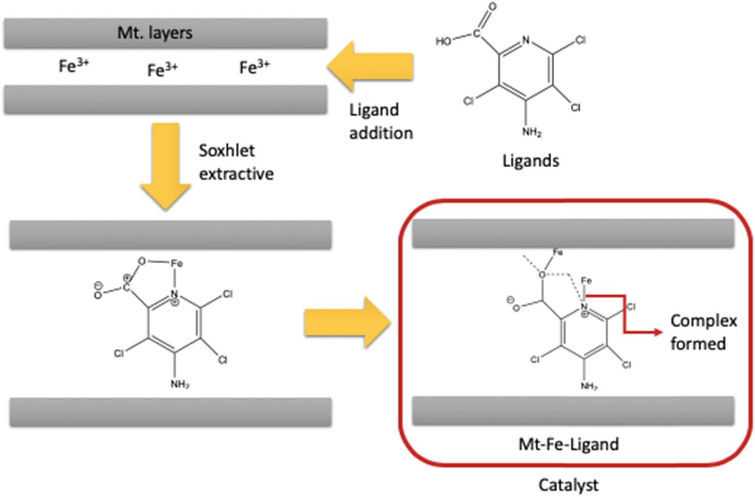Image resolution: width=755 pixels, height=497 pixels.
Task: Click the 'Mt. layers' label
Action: (x=155, y=33)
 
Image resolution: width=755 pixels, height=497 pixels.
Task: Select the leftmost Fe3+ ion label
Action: (x=74, y=65)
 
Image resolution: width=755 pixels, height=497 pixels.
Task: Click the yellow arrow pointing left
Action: (x=370, y=66)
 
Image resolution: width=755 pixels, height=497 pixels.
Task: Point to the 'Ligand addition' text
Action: (x=380, y=121)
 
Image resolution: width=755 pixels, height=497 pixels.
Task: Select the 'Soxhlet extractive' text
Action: (x=235, y=162)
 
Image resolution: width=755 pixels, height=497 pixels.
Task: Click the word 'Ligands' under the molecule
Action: (x=530, y=161)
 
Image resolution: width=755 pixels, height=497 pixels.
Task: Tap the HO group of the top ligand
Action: (x=443, y=42)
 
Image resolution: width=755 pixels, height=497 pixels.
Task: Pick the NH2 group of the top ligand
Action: (x=532, y=132)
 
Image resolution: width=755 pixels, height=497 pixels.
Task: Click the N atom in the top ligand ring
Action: (x=526, y=41)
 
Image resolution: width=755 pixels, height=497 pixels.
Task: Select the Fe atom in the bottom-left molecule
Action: (x=176, y=263)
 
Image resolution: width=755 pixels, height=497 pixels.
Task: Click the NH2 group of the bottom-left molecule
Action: (x=180, y=384)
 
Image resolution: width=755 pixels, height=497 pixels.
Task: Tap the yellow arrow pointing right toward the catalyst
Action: (x=347, y=323)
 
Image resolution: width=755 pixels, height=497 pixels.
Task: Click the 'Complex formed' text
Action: (x=703, y=332)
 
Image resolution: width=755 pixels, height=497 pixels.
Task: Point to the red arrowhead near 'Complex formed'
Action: (x=658, y=332)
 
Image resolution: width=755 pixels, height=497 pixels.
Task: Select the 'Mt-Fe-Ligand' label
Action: (x=568, y=444)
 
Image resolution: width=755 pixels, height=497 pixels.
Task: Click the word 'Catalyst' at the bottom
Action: (x=568, y=485)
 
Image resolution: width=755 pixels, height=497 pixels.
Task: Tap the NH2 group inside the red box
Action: (x=589, y=386)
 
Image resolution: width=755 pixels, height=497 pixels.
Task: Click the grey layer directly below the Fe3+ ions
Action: (x=165, y=100)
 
